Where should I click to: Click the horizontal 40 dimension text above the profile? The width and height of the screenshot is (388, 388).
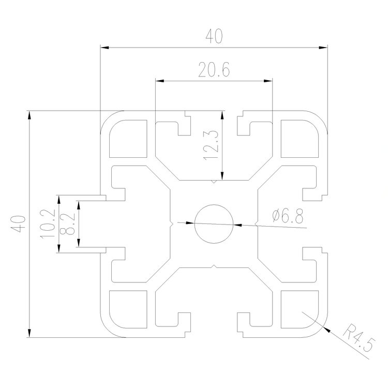(x=214, y=36)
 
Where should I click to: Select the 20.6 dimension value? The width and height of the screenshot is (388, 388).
(x=214, y=70)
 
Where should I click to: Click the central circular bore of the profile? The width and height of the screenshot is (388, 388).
(x=214, y=224)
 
